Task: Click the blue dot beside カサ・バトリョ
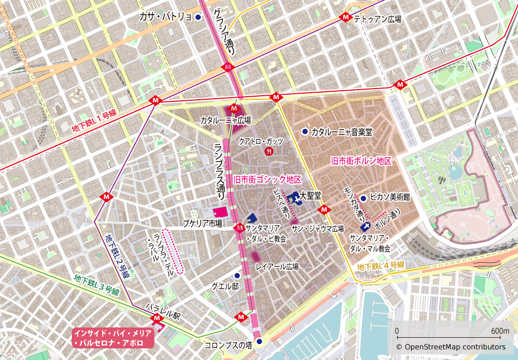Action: (x=198, y=17)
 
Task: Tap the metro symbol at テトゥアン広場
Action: (x=346, y=17)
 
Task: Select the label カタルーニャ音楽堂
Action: (x=341, y=132)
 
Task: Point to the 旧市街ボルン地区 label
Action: (x=361, y=161)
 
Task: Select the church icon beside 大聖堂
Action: (x=293, y=198)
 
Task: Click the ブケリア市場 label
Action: (x=202, y=223)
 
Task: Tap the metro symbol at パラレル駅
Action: (x=156, y=318)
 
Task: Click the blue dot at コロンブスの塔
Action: (x=260, y=342)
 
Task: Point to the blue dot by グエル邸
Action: (x=237, y=275)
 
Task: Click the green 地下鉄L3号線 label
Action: (x=96, y=285)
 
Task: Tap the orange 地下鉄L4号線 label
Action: (x=380, y=266)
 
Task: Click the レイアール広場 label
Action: (x=277, y=266)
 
